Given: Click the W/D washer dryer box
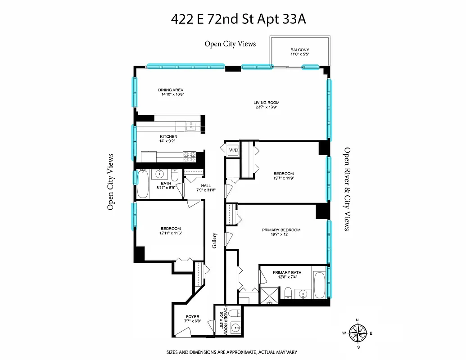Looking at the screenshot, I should (233, 149).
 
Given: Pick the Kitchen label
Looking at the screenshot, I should (168, 136).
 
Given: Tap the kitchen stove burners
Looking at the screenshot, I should (190, 157).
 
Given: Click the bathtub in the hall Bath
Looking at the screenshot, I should (143, 185).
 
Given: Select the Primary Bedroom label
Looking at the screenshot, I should (281, 230).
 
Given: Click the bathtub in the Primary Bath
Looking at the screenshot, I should (319, 285).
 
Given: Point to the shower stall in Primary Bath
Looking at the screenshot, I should (270, 295).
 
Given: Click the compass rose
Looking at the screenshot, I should (358, 333).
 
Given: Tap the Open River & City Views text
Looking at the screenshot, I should (347, 189).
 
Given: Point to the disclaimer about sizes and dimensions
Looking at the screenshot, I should (231, 352).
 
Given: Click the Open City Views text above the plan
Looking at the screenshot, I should (230, 44).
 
